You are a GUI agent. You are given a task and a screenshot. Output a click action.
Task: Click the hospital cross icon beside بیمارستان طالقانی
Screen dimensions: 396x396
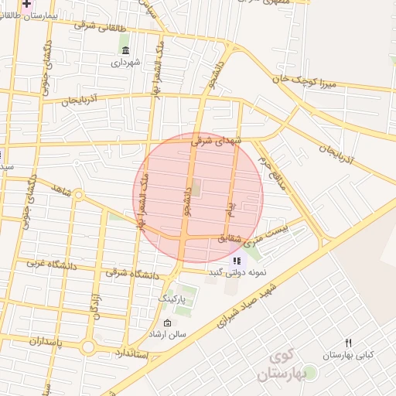[x=27, y=4]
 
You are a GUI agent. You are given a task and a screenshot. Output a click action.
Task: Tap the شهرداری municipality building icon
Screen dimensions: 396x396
[x=125, y=52]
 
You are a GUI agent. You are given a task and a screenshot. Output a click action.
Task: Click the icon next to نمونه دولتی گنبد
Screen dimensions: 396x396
[x=236, y=261]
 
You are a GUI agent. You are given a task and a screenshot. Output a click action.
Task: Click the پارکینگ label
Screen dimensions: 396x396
[x=171, y=298]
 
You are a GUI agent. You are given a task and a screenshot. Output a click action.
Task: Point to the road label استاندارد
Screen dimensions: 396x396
[x=135, y=353]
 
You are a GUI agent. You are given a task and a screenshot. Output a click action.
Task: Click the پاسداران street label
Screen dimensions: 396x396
[x=29, y=340]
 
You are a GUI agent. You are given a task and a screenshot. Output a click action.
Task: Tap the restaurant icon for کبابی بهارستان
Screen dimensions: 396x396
[x=349, y=343]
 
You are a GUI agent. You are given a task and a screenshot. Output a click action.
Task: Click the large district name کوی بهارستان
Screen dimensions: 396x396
[x=290, y=366]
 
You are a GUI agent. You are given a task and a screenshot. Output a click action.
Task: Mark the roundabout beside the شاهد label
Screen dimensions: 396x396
[x=78, y=194]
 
